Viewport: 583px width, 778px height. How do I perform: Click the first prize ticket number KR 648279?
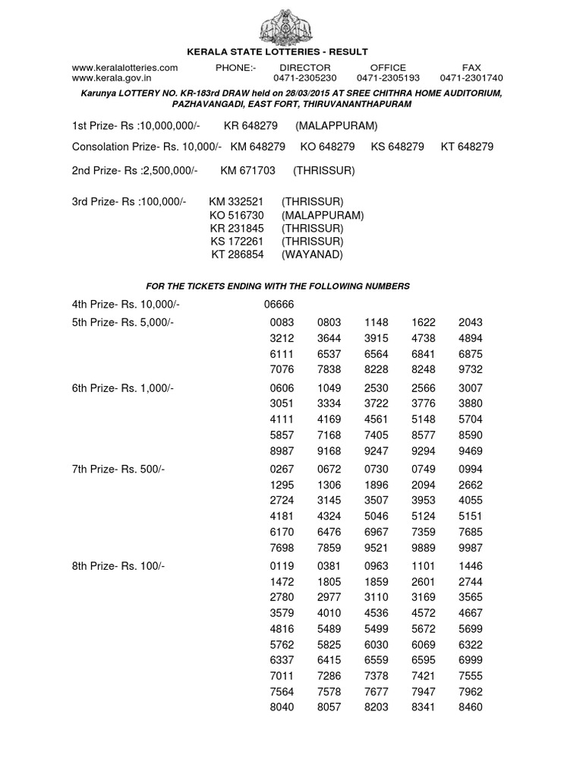pyautogui.click(x=251, y=125)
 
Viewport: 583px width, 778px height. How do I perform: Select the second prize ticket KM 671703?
pyautogui.click(x=247, y=171)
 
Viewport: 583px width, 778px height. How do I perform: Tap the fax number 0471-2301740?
pyautogui.click(x=471, y=78)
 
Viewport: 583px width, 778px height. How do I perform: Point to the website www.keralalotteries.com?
pyautogui.click(x=124, y=68)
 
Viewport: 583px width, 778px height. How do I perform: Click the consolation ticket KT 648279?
pyautogui.click(x=467, y=147)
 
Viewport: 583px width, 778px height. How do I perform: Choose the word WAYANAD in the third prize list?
pyautogui.click(x=312, y=255)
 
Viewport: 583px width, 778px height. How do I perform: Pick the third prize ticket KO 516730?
pyautogui.click(x=237, y=215)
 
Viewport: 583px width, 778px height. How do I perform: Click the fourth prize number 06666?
pyautogui.click(x=278, y=305)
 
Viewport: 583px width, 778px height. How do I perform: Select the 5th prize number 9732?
pyautogui.click(x=470, y=369)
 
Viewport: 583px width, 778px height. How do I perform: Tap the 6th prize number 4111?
pyautogui.click(x=282, y=419)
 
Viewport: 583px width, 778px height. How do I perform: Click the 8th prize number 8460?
pyautogui.click(x=470, y=707)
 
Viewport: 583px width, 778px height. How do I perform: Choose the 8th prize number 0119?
pyautogui.click(x=282, y=566)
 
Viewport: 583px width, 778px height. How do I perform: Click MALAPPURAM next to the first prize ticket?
pyautogui.click(x=336, y=125)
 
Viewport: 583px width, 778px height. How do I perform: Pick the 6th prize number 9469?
pyautogui.click(x=470, y=451)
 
